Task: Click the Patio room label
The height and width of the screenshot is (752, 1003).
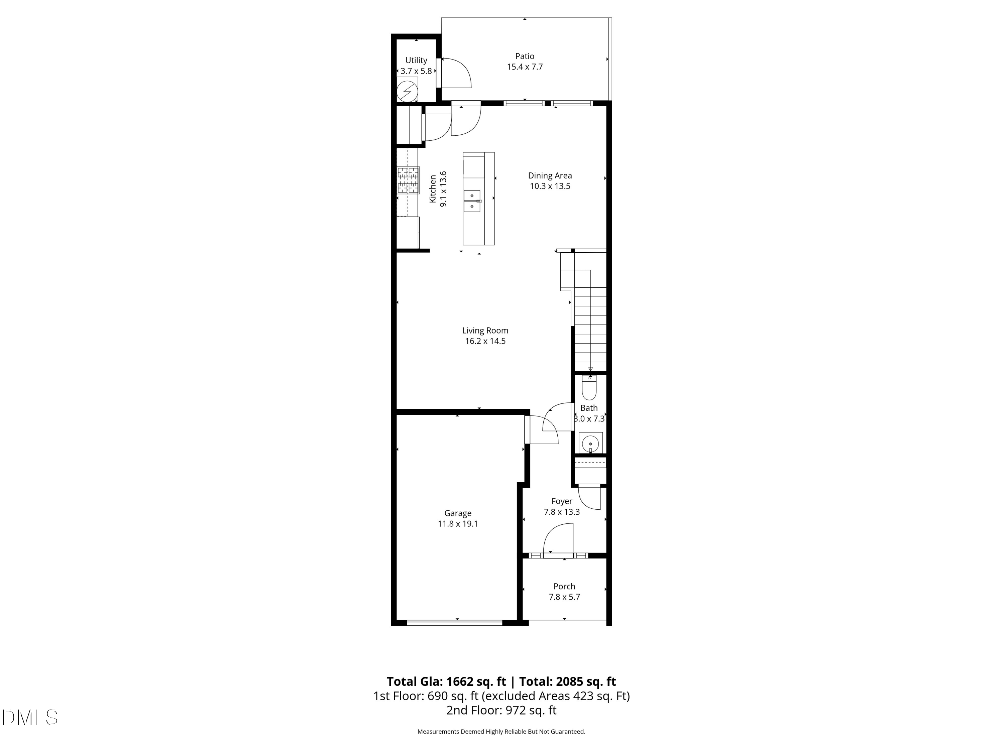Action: tap(524, 56)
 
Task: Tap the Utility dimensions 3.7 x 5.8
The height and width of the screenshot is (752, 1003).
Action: tap(416, 71)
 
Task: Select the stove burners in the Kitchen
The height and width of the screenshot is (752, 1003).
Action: tap(408, 180)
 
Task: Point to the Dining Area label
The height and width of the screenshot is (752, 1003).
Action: tap(550, 175)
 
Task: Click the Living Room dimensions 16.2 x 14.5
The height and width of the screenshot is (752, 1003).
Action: tap(485, 341)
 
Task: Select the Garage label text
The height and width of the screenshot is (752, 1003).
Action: tap(457, 513)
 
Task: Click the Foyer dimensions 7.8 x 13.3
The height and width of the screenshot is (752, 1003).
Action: tap(561, 512)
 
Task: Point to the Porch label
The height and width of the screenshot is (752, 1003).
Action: tap(564, 586)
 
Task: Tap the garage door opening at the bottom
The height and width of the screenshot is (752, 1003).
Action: tap(454, 622)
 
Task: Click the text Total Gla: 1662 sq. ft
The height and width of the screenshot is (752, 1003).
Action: tap(446, 681)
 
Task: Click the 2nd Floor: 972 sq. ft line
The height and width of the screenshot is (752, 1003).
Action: tap(501, 710)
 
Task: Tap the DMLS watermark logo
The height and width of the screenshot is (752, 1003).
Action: tap(30, 717)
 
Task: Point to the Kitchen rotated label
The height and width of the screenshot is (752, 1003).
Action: tap(433, 189)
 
